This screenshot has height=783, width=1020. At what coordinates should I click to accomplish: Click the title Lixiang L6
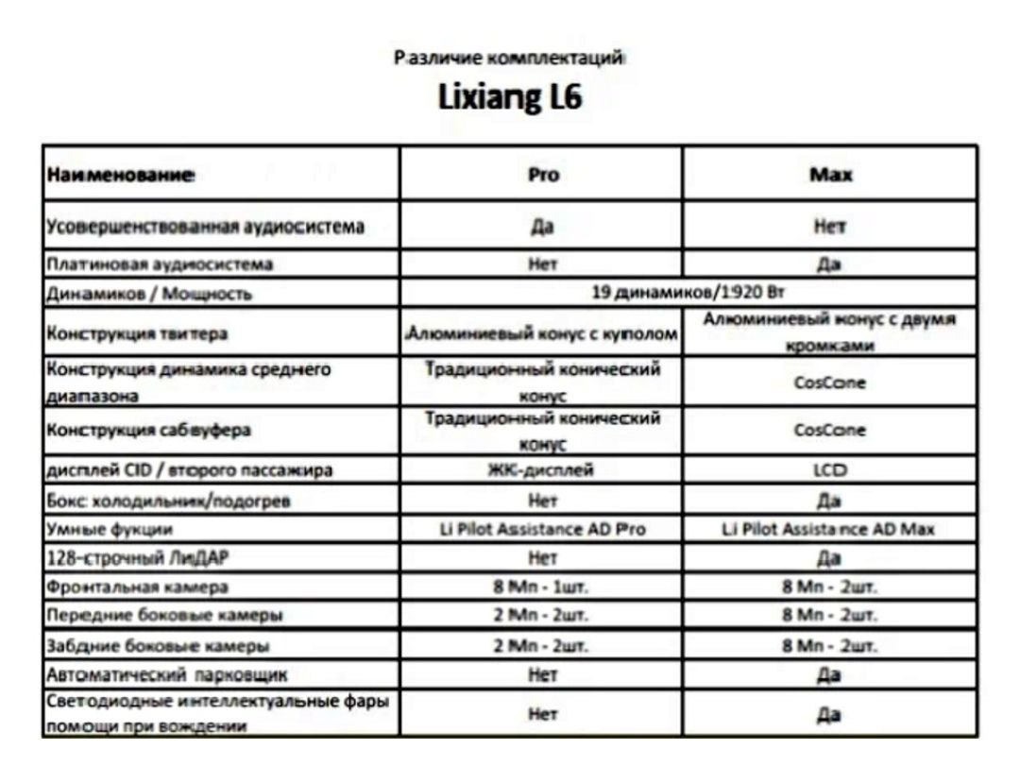tap(510, 98)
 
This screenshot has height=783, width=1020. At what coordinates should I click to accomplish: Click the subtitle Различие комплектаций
tap(510, 58)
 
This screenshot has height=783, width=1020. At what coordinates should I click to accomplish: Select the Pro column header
tap(542, 175)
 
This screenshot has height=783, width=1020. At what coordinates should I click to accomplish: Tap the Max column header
tap(830, 175)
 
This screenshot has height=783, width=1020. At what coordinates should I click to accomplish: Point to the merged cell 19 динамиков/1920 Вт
tap(688, 293)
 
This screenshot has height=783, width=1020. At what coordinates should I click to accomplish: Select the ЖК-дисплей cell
tap(542, 470)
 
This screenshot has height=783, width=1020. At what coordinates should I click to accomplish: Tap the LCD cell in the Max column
tap(830, 470)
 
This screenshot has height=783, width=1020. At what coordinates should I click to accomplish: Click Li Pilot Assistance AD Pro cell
tap(542, 529)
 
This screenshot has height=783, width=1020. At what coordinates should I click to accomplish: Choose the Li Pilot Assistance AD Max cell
tap(830, 529)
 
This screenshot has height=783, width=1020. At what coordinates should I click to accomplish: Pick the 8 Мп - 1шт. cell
tap(542, 587)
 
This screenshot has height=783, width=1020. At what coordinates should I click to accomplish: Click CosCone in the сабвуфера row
tap(830, 430)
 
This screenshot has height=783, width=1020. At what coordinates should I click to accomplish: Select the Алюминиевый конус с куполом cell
tap(542, 333)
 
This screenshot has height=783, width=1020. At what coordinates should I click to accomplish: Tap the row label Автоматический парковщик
tap(167, 675)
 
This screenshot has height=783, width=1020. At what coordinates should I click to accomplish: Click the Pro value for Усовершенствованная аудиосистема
tap(542, 227)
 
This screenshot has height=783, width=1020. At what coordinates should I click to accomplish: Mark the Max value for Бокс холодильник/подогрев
tap(830, 500)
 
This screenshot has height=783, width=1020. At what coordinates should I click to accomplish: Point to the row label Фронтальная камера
tap(138, 587)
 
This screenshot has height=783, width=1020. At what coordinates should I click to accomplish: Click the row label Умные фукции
tap(110, 529)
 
